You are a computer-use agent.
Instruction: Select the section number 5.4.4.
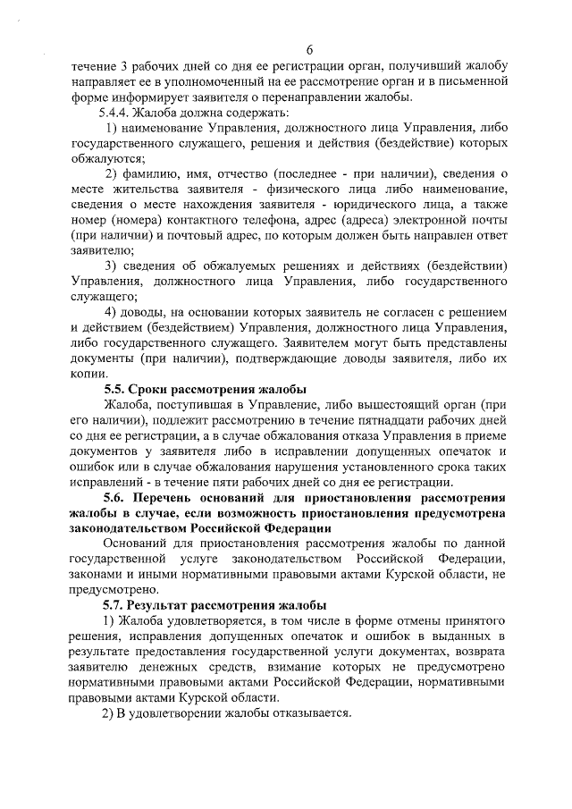pos(114,114)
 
